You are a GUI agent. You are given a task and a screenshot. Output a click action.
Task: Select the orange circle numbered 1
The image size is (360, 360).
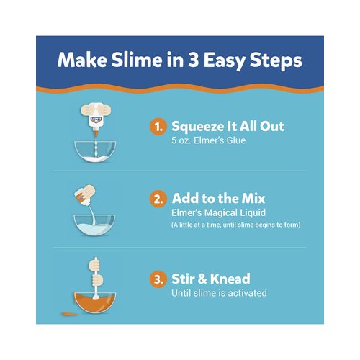pos(158,127)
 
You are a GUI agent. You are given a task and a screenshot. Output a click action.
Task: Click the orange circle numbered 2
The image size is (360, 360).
pos(158,198)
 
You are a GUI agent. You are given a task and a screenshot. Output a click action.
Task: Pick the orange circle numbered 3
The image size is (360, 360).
pos(158,279)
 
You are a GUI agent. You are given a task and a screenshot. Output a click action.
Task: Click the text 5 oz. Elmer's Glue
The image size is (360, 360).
pos(207,141)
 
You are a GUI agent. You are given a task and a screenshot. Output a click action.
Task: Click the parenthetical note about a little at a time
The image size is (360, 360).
pos(235,225)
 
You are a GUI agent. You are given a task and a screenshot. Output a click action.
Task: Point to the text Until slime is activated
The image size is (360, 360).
pos(217,293)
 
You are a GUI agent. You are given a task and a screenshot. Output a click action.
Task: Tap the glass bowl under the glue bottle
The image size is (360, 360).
pos(96,156)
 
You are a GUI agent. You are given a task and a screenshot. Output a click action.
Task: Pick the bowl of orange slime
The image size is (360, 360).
pos(96,303)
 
